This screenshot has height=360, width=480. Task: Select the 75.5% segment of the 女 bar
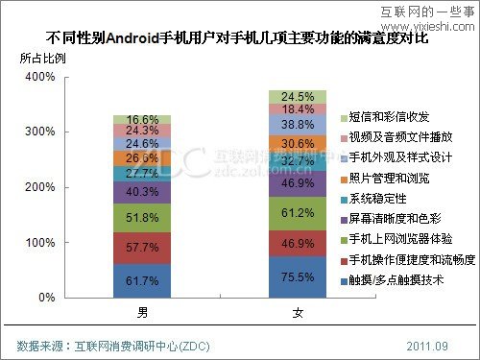tap(298, 277)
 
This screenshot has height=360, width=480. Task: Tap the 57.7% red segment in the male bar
tap(142, 247)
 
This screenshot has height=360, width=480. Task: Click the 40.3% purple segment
tap(142, 192)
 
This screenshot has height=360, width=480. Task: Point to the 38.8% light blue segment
tap(298, 125)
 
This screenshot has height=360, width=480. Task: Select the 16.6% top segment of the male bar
tap(142, 119)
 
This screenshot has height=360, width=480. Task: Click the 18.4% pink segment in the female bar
tap(298, 109)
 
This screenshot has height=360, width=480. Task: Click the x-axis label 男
tap(142, 313)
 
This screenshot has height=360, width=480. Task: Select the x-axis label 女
tap(298, 313)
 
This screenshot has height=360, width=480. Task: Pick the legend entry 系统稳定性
tap(382, 198)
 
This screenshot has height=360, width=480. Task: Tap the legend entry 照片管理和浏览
tap(389, 178)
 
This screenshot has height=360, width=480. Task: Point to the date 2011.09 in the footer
tap(427, 345)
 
